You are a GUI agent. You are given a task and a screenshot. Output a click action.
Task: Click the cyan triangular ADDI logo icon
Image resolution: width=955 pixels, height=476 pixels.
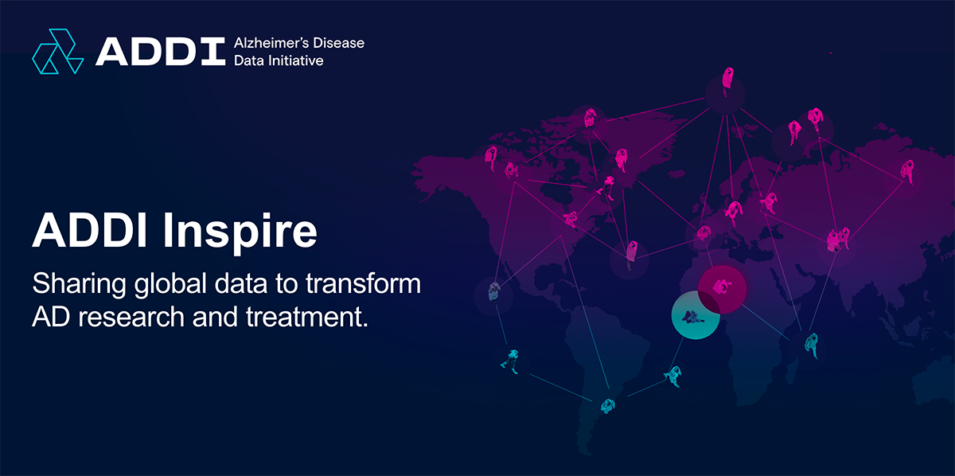point(58,51)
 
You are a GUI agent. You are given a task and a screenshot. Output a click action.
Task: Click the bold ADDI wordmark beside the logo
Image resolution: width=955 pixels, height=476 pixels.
point(160,52)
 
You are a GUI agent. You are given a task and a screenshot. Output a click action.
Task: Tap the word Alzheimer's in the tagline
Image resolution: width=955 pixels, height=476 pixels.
point(271,43)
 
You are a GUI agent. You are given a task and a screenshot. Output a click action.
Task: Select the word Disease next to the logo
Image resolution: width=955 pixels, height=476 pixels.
point(338,43)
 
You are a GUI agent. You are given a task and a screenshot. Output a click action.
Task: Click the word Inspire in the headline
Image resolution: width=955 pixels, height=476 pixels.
point(240,231)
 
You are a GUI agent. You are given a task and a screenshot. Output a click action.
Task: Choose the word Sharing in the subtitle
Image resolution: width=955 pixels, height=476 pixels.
point(80,284)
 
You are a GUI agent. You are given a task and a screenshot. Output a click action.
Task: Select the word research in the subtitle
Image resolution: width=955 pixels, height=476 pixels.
point(131,318)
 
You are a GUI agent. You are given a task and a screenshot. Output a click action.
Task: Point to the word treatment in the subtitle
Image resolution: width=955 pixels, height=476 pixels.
point(307,318)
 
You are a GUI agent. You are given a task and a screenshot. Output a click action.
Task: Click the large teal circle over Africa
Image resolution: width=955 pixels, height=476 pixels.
point(696,315)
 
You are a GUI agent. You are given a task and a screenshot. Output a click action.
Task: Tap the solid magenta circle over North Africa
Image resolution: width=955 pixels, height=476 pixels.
point(723,289)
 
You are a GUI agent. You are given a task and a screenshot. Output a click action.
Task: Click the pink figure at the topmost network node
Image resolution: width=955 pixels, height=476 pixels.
point(727,80)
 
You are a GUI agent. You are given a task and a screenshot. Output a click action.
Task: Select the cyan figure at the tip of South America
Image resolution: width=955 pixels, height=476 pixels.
point(607,406)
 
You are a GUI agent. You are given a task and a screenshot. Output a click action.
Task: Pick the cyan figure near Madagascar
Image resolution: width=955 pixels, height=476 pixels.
point(811,345)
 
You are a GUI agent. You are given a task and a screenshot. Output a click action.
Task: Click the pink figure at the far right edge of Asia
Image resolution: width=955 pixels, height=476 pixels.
point(907,171)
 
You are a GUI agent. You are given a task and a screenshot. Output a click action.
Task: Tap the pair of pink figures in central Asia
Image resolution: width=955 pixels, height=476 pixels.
point(838,240)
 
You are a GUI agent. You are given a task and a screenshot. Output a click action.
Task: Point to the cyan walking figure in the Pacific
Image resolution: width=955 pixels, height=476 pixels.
point(510,361)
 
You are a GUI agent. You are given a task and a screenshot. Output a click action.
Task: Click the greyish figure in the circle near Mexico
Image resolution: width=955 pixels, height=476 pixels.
point(493,293)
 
